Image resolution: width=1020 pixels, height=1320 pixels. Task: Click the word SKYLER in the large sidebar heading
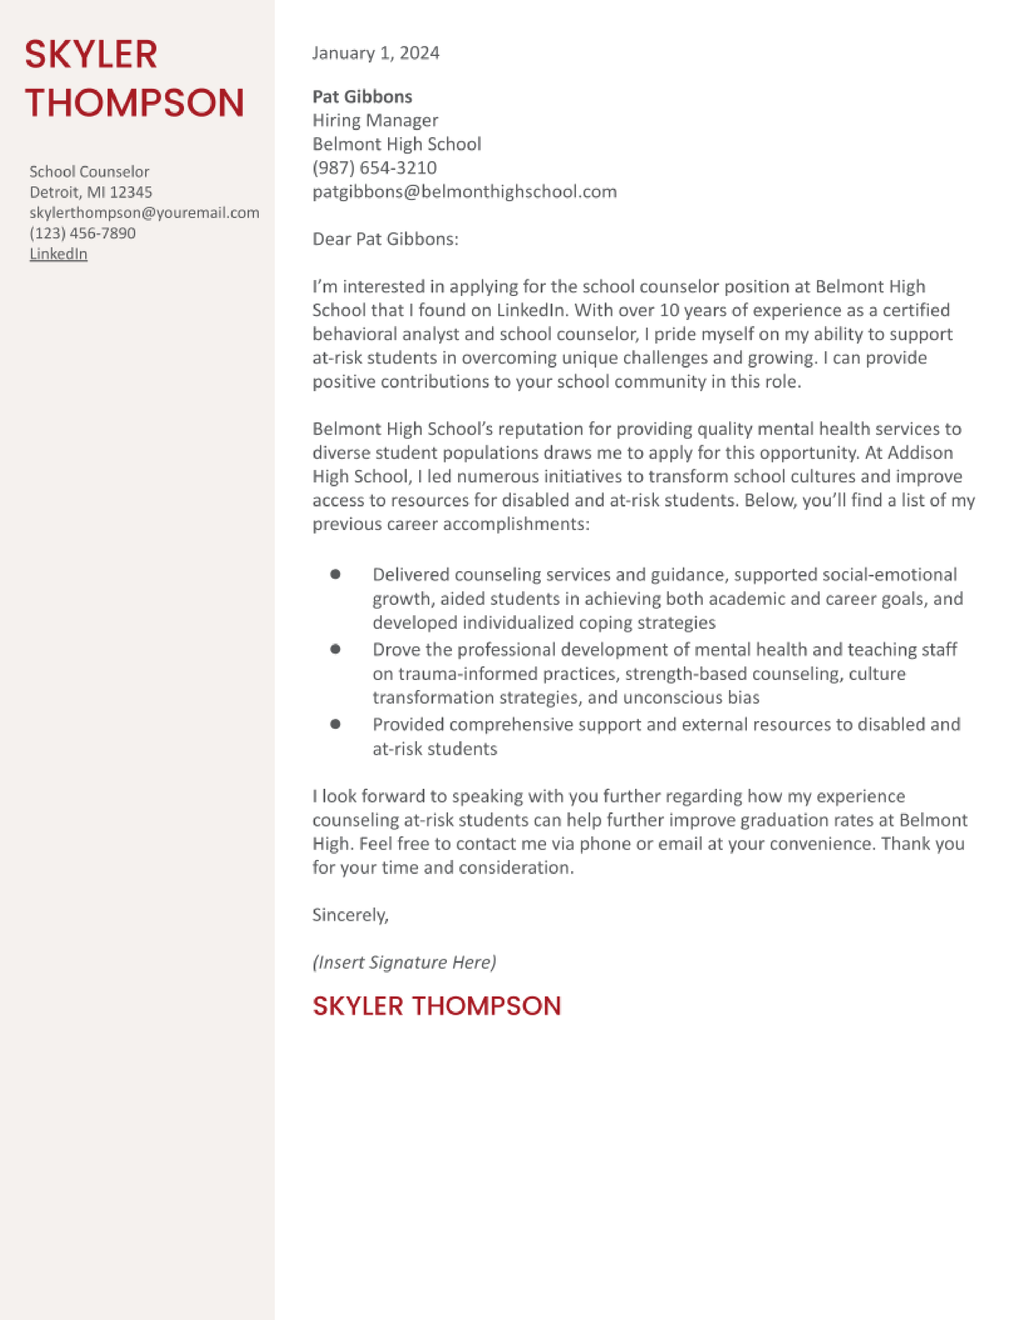point(91,54)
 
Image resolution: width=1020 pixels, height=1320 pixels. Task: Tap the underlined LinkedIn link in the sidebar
point(59,254)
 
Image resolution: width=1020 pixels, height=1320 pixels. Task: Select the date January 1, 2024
point(375,53)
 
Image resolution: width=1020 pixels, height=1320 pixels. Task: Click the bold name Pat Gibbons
point(362,97)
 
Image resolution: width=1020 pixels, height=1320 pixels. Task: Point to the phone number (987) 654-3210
point(374,168)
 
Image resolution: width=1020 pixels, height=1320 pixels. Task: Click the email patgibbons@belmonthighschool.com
point(464,192)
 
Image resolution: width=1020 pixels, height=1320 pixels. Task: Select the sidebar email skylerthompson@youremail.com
point(144,213)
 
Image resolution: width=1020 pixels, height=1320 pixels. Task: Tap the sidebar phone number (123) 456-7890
point(83,233)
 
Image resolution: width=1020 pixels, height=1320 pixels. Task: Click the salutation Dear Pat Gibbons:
point(385,239)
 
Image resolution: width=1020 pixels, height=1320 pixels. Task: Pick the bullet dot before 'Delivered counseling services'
point(335,574)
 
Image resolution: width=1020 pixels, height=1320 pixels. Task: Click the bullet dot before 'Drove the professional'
point(335,649)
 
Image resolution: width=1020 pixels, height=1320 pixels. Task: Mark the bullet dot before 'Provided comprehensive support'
point(335,724)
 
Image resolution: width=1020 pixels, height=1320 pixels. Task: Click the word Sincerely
point(349,915)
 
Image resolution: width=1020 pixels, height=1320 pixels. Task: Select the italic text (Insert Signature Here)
point(404,962)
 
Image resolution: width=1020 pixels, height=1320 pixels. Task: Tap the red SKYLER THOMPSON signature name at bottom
point(436,1006)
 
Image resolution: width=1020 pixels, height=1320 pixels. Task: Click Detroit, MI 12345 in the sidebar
point(91,192)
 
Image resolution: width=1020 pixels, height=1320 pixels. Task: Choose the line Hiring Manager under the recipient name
point(375,120)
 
